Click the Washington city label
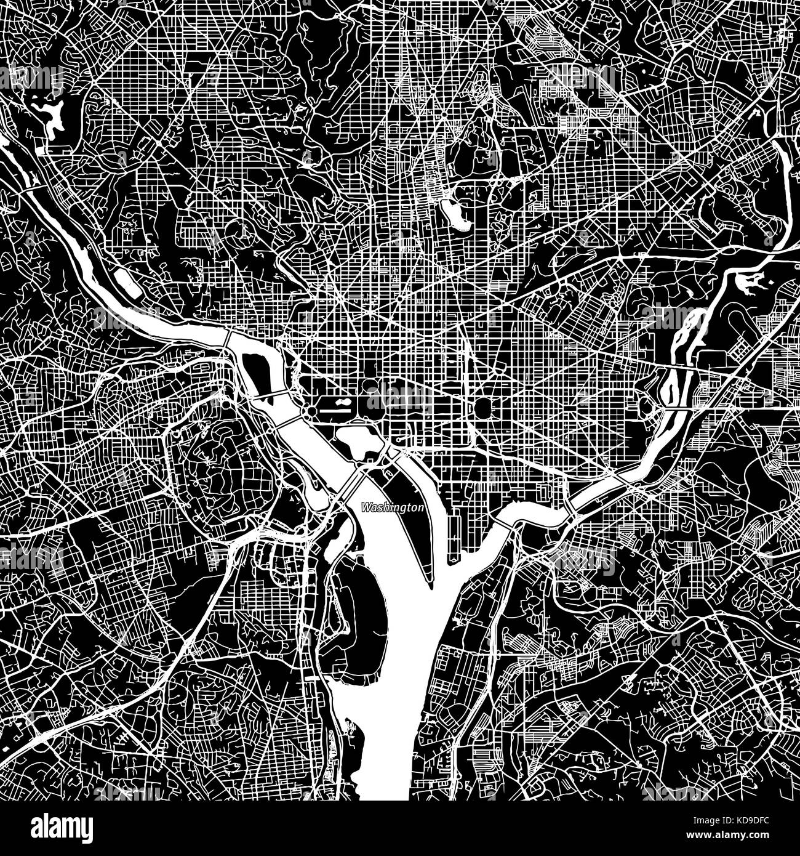(x=393, y=508)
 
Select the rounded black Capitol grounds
(x=484, y=407)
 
